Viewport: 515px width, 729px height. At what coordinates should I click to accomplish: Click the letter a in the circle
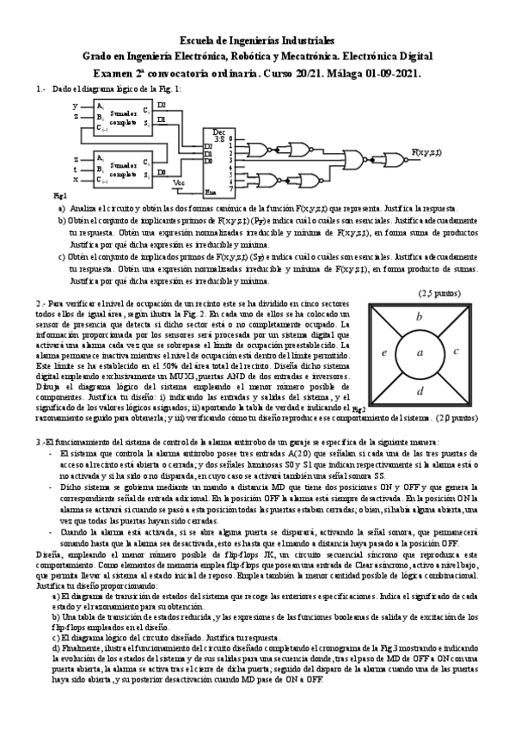tap(420, 352)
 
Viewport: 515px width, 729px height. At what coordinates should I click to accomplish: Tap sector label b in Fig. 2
tap(419, 317)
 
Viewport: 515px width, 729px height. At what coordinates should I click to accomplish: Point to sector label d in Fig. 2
tap(420, 392)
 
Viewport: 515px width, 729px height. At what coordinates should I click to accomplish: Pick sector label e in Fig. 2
tap(384, 352)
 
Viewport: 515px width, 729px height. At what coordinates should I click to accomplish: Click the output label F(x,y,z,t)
tap(426, 151)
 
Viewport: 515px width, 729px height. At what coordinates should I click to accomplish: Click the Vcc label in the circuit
tap(179, 182)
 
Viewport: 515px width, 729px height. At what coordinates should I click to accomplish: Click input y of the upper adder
tap(76, 105)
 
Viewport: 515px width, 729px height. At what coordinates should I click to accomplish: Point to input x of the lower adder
tap(76, 180)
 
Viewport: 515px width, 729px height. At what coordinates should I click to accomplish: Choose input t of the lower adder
tap(76, 169)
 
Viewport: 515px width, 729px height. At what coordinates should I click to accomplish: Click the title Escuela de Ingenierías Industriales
tap(257, 40)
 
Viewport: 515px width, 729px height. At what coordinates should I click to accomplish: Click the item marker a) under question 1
tap(61, 209)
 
